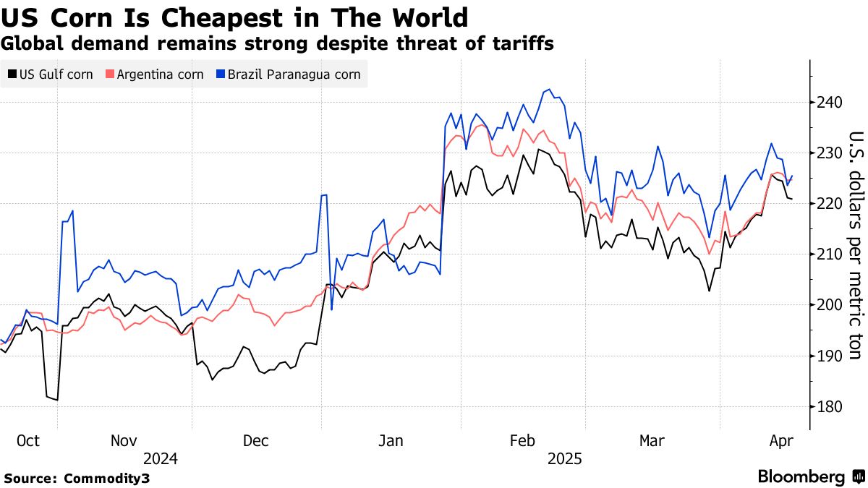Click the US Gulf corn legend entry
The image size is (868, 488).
tap(50, 74)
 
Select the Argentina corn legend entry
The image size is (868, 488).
tap(155, 74)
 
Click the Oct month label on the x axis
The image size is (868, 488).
tap(27, 440)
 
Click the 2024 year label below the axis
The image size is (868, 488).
tap(160, 458)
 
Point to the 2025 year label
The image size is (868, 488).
tap(564, 458)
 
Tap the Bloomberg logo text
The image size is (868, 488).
tap(801, 477)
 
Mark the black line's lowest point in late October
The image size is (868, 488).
tap(56, 400)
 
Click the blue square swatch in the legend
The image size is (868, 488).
tap(221, 74)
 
